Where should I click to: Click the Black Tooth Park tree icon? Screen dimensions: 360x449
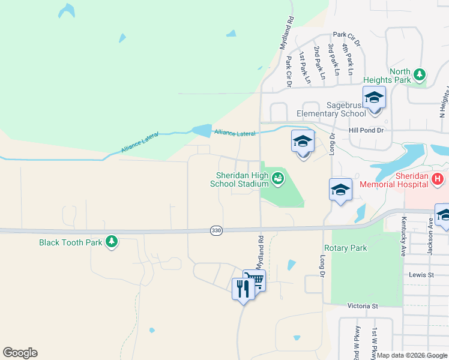pyautogui.click(x=111, y=242)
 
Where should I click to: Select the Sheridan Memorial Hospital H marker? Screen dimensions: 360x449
pyautogui.click(x=438, y=178)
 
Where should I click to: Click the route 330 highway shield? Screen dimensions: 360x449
pyautogui.click(x=216, y=230)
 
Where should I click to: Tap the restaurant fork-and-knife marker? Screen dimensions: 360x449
pyautogui.click(x=243, y=290)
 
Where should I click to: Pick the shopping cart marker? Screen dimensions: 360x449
pyautogui.click(x=255, y=280)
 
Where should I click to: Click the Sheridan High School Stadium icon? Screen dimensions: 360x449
pyautogui.click(x=277, y=178)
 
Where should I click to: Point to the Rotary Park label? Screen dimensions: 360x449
pyautogui.click(x=345, y=248)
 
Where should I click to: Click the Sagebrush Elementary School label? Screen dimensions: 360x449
pyautogui.click(x=331, y=109)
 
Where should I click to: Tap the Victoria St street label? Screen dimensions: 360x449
pyautogui.click(x=363, y=305)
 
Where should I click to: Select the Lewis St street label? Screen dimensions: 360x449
pyautogui.click(x=421, y=275)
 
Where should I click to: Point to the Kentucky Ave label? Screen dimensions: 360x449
pyautogui.click(x=404, y=236)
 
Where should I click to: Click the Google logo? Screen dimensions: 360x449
pyautogui.click(x=20, y=353)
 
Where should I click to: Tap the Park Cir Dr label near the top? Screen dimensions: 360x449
pyautogui.click(x=346, y=38)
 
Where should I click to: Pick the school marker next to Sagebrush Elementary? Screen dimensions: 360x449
pyautogui.click(x=374, y=98)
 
